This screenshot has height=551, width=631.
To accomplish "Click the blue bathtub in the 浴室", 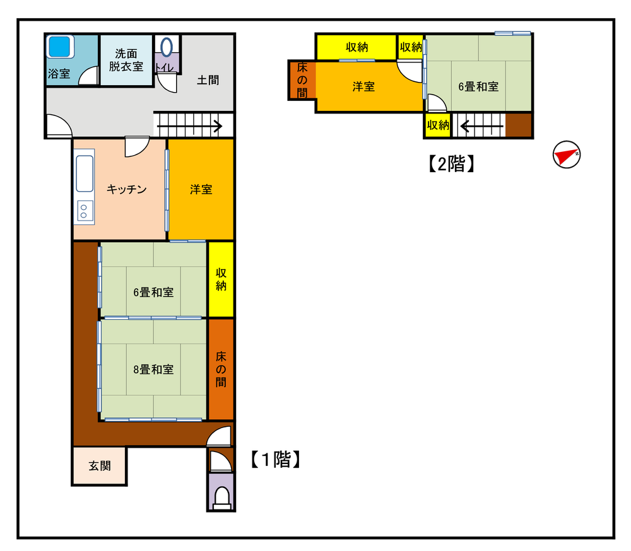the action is [x=61, y=47].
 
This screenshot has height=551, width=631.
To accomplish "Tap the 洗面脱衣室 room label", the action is [x=126, y=60].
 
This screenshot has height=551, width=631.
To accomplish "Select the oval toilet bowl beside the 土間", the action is [x=167, y=47].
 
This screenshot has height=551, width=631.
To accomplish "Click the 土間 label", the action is [x=208, y=80].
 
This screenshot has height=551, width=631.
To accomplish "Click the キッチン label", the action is [x=127, y=189].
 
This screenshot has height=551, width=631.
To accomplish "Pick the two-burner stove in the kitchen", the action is [x=84, y=211].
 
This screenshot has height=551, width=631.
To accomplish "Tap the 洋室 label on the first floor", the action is [x=201, y=189].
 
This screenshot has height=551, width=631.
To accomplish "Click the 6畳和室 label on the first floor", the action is [x=153, y=293].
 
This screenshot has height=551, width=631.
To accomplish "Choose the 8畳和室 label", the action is [x=153, y=369].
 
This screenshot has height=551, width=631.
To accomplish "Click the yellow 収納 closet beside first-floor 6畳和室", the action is [x=221, y=279].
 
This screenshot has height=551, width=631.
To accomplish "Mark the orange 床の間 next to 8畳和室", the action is [x=221, y=369].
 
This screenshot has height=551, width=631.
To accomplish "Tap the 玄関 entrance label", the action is [x=100, y=466].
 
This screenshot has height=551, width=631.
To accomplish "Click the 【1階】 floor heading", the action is [x=276, y=460].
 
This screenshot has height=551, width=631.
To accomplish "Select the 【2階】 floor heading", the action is [x=451, y=164].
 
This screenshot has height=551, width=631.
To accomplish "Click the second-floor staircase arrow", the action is [x=481, y=127].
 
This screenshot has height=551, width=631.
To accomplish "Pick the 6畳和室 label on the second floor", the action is [x=478, y=86].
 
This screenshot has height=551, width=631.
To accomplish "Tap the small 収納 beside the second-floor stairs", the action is [x=438, y=125].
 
